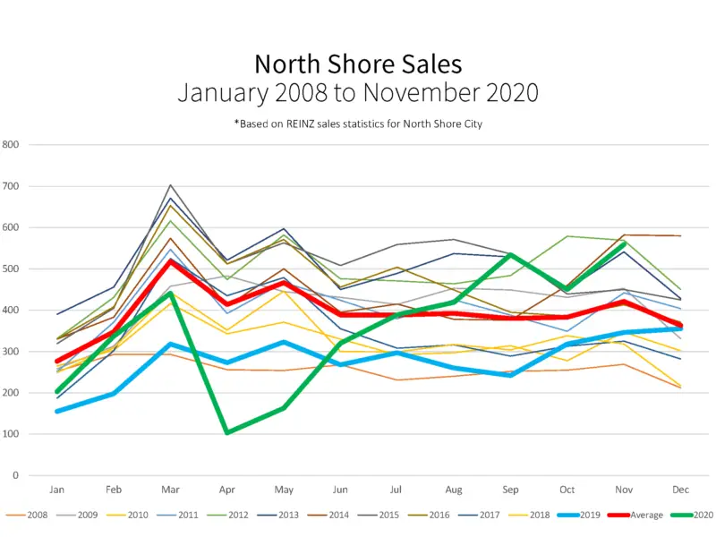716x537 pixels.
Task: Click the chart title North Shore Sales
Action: click(358, 64)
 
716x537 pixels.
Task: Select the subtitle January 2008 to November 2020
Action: click(358, 92)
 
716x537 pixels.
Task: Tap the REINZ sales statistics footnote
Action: click(358, 124)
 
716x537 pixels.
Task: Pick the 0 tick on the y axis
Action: click(15, 476)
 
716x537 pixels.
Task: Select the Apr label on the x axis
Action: click(226, 490)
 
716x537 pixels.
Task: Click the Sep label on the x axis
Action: click(510, 490)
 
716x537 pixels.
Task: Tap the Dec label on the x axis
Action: click(680, 490)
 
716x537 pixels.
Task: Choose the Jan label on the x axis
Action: click(57, 490)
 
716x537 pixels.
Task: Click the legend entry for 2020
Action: click(694, 516)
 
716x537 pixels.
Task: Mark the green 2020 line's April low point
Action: click(227, 432)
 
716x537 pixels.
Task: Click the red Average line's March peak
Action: click(170, 260)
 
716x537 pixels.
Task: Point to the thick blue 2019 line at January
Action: click(57, 411)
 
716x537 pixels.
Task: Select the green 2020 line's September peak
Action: click(510, 255)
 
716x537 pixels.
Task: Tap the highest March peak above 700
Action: click(170, 185)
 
